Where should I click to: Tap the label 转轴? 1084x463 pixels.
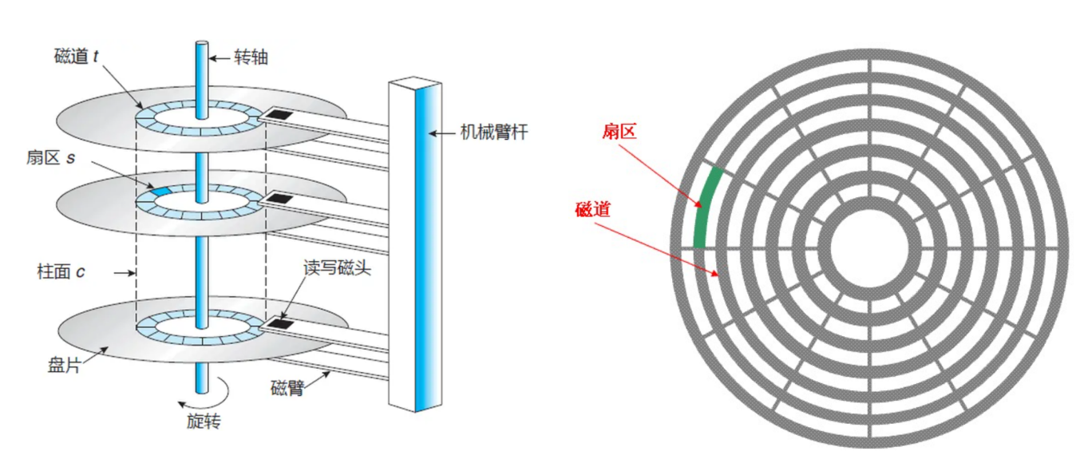point(251,57)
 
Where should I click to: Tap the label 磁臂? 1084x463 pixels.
point(289,390)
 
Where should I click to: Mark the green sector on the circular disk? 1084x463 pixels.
point(706,208)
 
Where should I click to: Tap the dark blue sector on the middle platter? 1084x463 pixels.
point(161,192)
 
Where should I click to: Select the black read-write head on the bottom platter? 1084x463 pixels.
point(278,323)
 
